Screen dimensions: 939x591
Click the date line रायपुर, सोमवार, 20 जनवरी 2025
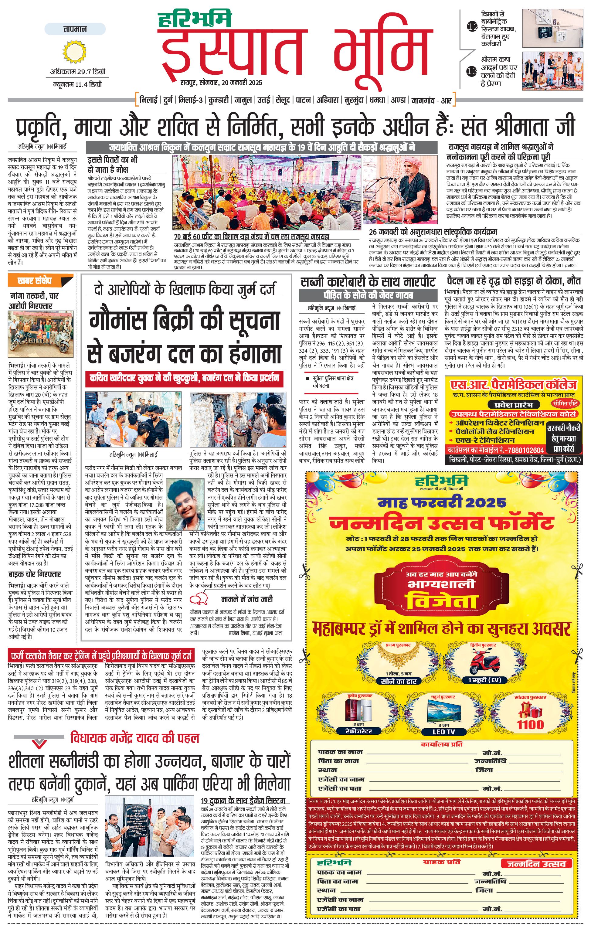pos(221,83)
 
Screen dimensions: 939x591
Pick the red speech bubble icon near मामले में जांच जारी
pos(199,599)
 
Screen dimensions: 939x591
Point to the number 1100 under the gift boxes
pos(530,725)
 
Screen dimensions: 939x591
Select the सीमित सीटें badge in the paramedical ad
pos(565,403)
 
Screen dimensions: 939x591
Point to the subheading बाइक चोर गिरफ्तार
pos(35,574)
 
